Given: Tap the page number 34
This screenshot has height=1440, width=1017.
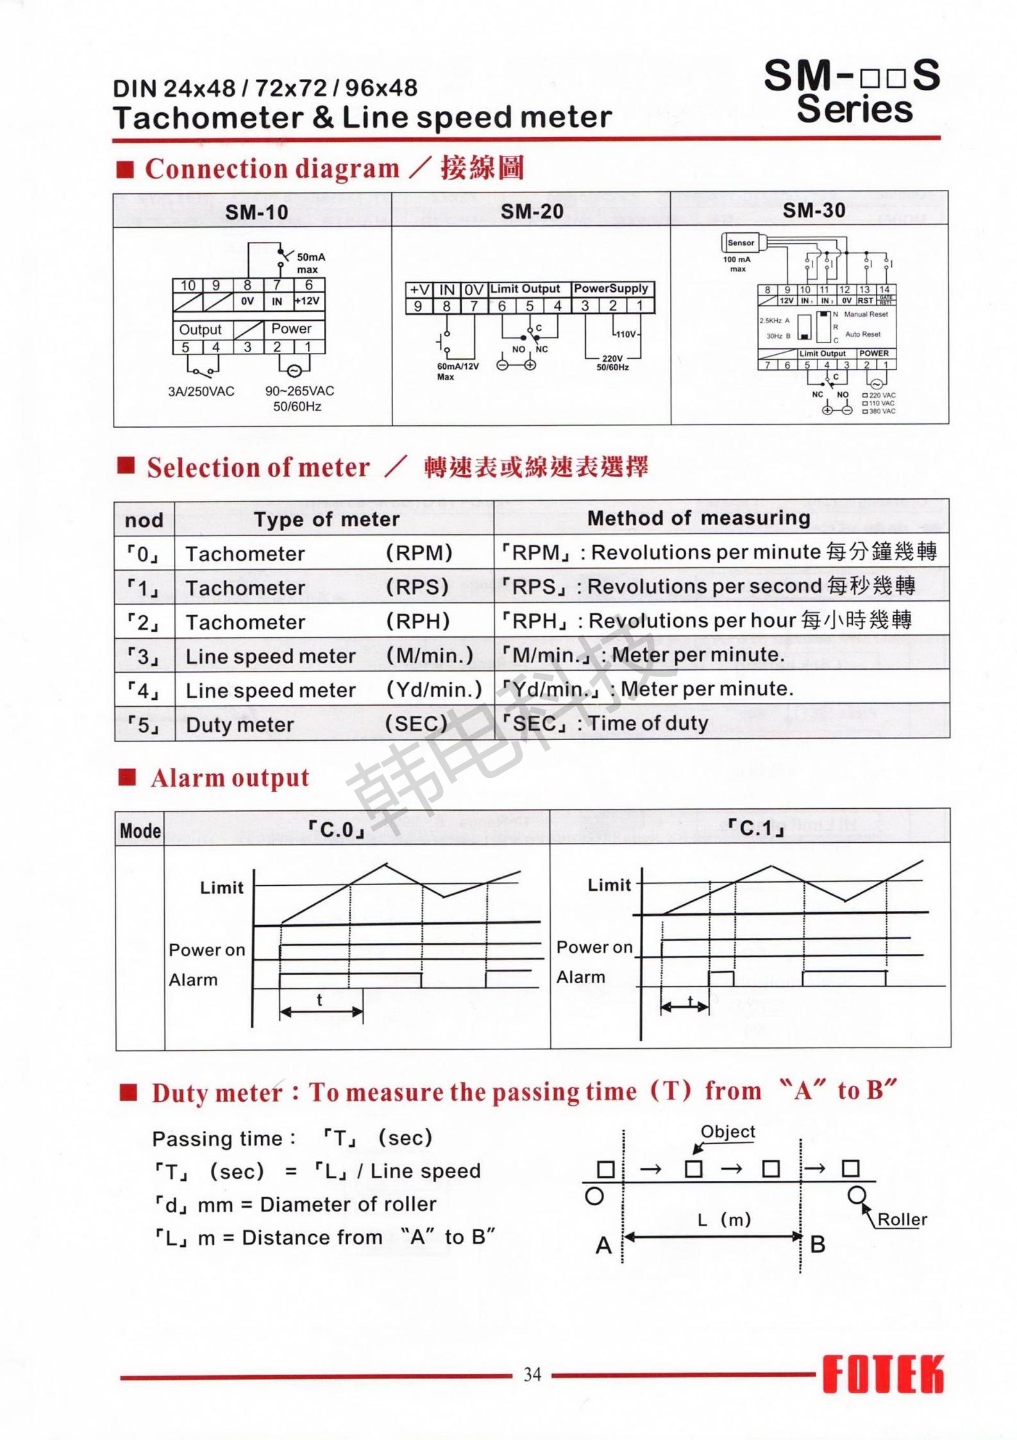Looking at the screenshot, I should pos(532,1374).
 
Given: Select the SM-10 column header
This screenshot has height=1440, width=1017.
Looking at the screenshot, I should pos(256,212).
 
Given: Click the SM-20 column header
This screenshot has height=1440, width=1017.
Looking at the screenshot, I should pos(532,211).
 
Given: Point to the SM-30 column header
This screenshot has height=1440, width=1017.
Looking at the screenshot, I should pos(814,210).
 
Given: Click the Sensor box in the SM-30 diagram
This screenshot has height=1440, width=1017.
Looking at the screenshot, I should pos(741,242).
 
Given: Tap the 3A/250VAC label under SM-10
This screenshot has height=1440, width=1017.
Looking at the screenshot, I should pos(201,391).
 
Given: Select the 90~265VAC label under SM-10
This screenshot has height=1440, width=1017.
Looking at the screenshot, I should pos(299,391).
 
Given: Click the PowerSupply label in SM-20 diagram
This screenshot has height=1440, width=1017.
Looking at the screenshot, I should pos(610,289).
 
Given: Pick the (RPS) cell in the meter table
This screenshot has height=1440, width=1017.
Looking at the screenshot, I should pos(417,587).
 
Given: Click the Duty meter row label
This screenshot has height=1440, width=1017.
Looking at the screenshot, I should pos(240,725).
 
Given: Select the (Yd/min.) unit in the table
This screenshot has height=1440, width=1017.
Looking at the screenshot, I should pos(433,690).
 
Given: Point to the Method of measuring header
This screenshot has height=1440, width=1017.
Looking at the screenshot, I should pos(699,518).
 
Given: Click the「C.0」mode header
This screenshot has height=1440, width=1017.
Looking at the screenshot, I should pos(337,830).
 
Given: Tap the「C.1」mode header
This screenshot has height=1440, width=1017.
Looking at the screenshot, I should pos(757,828).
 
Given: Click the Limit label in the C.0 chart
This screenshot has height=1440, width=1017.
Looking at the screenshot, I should pos(222,888).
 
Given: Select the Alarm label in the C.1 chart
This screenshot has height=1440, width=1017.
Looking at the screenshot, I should pos(581,977).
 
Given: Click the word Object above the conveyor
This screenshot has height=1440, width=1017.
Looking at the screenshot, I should pos(728,1131).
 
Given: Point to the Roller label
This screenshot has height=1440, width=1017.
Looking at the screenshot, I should pos(902,1219).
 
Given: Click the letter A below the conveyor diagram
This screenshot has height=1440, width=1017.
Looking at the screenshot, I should pos(603,1246).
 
